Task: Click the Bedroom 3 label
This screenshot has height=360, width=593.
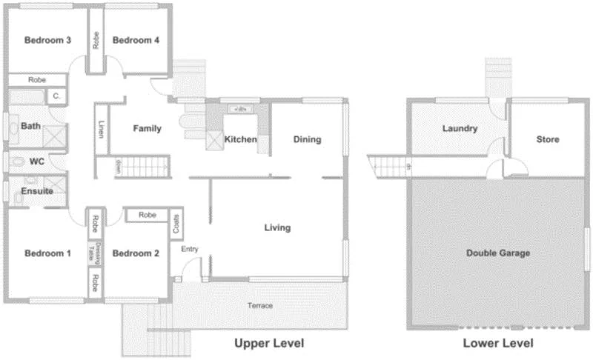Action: [x=47, y=41]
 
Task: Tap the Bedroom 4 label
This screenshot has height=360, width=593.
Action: [x=136, y=41]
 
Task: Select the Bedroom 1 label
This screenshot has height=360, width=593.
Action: [x=47, y=253]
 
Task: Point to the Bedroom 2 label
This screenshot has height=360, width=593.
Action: [x=136, y=253]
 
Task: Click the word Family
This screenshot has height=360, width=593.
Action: [x=147, y=129]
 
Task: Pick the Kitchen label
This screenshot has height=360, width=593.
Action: [x=241, y=139]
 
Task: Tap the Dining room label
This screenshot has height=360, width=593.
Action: [x=308, y=139]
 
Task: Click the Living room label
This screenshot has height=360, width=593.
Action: [x=278, y=227]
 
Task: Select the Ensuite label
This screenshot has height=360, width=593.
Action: [x=36, y=191]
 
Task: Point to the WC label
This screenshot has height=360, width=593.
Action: [x=37, y=161]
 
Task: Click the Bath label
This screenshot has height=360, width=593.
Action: [x=30, y=126]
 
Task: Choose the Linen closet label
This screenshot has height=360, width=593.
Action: [x=101, y=129]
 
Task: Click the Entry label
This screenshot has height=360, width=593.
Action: [x=190, y=249]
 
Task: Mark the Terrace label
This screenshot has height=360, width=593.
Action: [x=260, y=306]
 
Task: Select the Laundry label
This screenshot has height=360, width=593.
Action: [x=460, y=128]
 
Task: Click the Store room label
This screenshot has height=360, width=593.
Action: [x=548, y=139]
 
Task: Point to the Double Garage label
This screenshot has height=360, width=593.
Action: [x=498, y=253]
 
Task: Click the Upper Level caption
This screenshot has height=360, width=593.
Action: [x=269, y=344]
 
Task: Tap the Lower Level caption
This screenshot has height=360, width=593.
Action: [x=498, y=344]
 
